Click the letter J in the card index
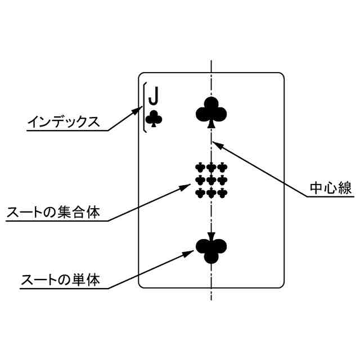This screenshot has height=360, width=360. click(153, 97)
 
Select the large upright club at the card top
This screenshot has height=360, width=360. click(211, 110)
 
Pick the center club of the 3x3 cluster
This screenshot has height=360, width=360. click(211, 180)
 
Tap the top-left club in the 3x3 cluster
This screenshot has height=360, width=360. click(200, 167)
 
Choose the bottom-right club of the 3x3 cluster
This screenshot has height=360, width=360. click(223, 193)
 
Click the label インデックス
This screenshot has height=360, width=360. click(64, 121)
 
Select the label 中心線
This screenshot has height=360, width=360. click(331, 188)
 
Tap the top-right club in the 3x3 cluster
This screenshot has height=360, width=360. click(223, 167)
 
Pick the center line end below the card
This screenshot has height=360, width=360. click(211, 299)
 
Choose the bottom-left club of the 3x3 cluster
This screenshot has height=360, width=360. click(200, 193)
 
